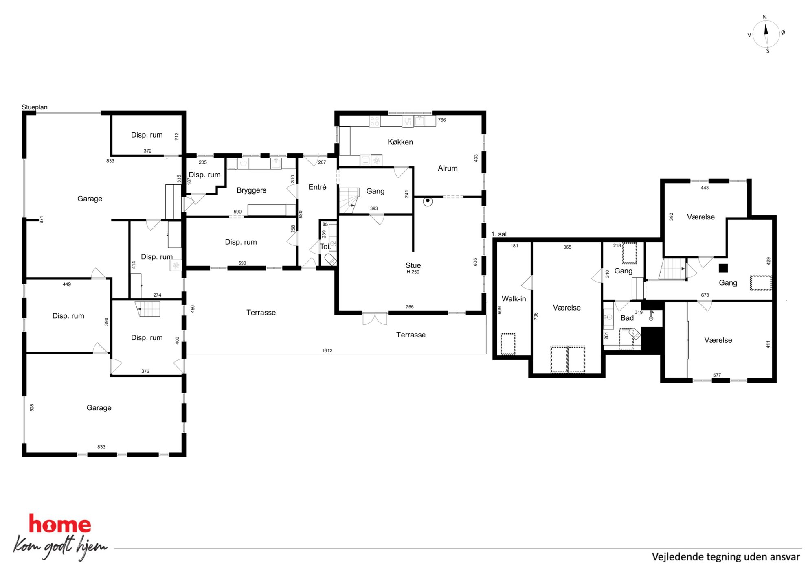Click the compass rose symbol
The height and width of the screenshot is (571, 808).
tap(766, 34)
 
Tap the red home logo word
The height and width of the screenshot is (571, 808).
tap(60, 524)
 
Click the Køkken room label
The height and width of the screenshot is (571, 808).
tap(400, 142)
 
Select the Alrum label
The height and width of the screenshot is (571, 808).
tap(448, 168)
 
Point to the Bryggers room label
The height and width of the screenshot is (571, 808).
tap(251, 190)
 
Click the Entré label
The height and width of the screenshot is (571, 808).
tap(317, 187)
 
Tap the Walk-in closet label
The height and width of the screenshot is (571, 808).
tap(514, 299)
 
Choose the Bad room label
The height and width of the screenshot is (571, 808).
tap(627, 318)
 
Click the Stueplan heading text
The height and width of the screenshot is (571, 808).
tap(35, 107)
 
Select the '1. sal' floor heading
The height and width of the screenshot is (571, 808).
tap(499, 234)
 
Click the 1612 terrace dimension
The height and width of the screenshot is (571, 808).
tap(327, 350)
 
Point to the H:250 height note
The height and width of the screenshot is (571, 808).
tap(413, 272)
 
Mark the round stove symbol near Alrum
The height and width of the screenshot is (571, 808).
tap(428, 201)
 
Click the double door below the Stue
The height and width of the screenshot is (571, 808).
tap(375, 319)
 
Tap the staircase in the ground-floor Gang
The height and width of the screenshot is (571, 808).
tap(349, 200)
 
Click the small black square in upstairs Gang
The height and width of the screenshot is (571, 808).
tap(723, 268)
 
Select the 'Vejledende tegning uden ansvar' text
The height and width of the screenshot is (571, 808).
tap(726, 557)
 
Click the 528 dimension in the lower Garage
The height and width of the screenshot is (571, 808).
tap(32, 407)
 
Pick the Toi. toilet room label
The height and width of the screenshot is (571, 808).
tap(325, 247)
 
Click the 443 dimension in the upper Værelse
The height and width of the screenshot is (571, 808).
tap(705, 188)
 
